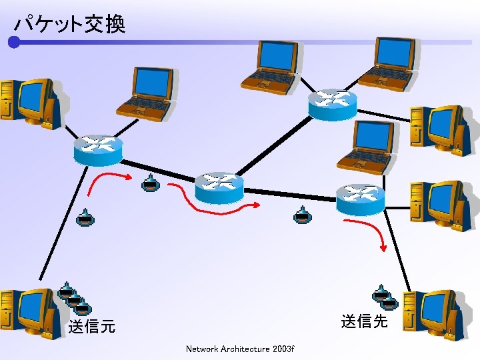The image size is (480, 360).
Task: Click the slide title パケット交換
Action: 69,25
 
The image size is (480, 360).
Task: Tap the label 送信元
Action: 92,327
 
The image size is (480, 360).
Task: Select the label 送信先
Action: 364,321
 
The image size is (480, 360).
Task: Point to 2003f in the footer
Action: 283,349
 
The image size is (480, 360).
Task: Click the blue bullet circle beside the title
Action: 14,43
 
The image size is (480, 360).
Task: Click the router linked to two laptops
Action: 332,104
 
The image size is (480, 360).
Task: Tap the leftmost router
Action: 98,150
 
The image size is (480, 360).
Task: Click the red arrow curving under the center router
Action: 213,203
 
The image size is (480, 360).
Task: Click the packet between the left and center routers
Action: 151,183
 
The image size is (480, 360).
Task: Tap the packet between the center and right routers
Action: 303,215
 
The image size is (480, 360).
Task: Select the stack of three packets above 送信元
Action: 74,299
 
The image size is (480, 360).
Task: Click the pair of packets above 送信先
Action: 385,297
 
